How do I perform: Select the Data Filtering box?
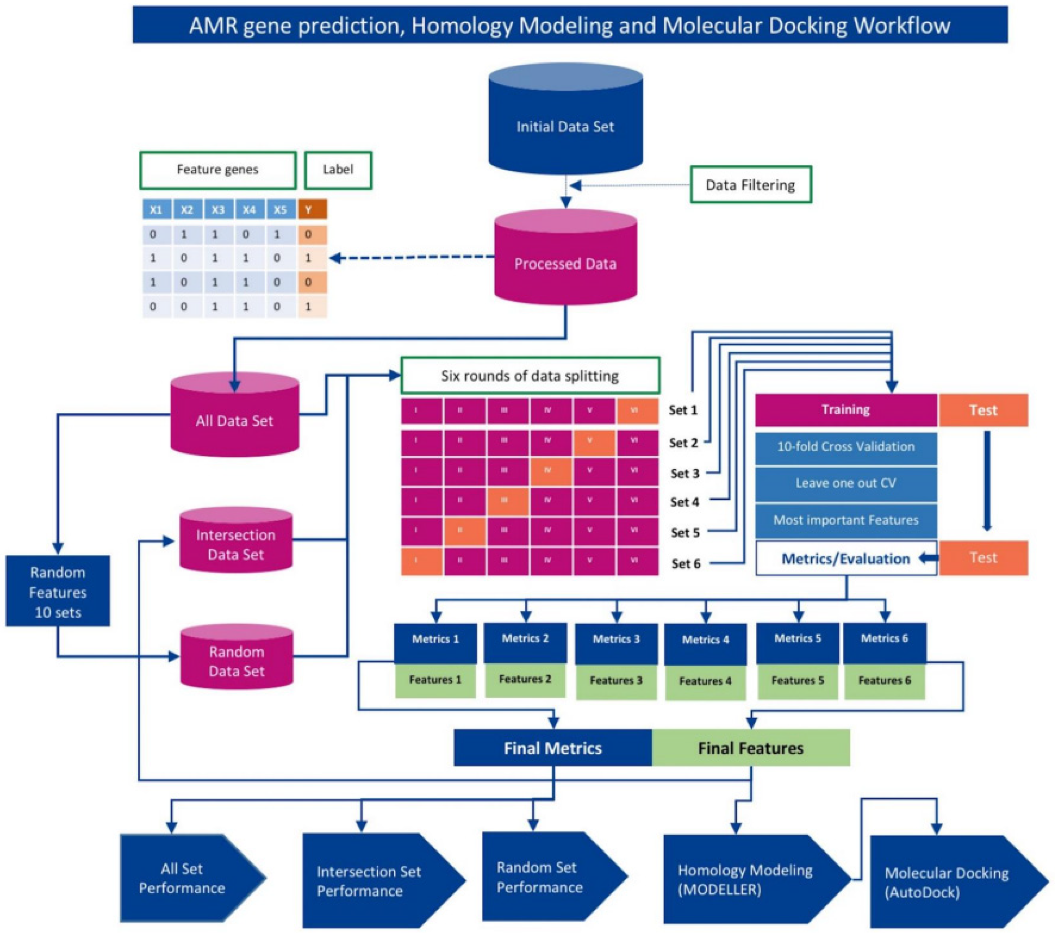click(750, 185)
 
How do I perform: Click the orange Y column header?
click(312, 210)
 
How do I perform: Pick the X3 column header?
click(218, 210)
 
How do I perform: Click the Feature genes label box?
click(217, 170)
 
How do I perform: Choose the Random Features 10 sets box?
click(58, 591)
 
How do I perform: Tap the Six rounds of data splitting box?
click(530, 376)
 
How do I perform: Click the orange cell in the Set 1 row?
click(636, 410)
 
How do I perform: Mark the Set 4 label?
click(684, 502)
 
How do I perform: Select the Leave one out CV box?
click(845, 483)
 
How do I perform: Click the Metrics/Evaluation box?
click(845, 558)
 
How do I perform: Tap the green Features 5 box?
click(797, 680)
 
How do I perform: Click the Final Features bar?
click(750, 748)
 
